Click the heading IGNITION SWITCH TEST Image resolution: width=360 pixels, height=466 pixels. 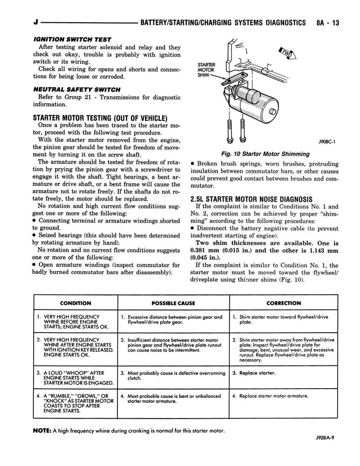[x=72, y=40]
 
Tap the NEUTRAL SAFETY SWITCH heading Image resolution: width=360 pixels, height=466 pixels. [x=77, y=90]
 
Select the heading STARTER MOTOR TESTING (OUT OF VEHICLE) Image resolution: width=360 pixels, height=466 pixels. [x=100, y=118]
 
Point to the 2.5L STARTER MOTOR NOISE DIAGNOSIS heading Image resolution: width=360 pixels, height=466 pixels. [x=252, y=199]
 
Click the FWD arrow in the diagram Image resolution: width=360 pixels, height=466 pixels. [x=288, y=53]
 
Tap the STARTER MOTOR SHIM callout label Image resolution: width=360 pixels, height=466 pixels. [x=206, y=70]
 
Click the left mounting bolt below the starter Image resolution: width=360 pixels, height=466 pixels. [x=229, y=131]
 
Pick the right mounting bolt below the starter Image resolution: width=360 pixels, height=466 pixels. [x=242, y=131]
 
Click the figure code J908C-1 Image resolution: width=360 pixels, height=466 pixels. [x=327, y=142]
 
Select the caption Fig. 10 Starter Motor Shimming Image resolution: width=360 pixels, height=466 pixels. [x=265, y=154]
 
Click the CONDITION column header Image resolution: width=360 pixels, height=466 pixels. [x=76, y=303]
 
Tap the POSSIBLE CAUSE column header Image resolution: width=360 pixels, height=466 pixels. [x=173, y=303]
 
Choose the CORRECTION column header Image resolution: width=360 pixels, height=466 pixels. [x=284, y=303]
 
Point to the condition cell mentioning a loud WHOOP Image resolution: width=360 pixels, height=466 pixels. [x=76, y=378]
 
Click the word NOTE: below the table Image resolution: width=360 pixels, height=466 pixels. [x=42, y=431]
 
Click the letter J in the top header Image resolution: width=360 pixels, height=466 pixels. [x=35, y=23]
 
